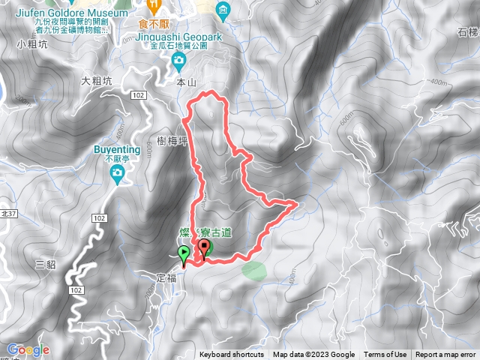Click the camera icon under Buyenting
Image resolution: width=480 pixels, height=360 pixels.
tap(117, 175)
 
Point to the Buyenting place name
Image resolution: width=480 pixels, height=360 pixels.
tap(115, 150)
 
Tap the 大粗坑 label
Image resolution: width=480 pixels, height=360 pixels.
tap(96, 79)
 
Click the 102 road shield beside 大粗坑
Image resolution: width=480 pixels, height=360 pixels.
tap(136, 95)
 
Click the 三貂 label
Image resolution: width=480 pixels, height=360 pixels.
tap(46, 263)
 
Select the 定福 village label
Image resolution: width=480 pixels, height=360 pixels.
tap(166, 277)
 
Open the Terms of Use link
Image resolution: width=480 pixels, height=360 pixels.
tap(385, 355)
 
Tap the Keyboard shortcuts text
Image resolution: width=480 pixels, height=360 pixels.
tap(232, 355)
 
